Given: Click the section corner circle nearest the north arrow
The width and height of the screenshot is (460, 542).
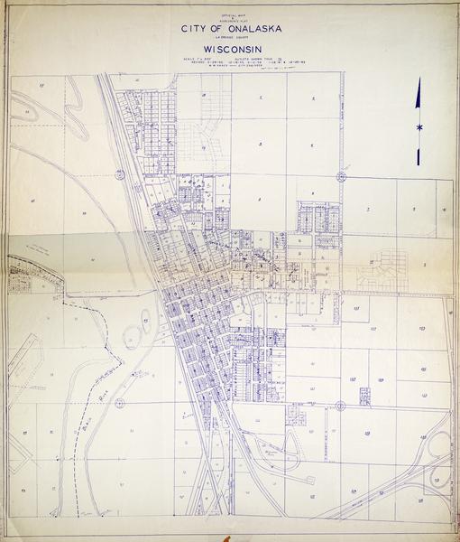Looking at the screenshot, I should click(341, 175).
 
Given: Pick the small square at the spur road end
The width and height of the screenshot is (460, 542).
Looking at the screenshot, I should click(364, 396).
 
